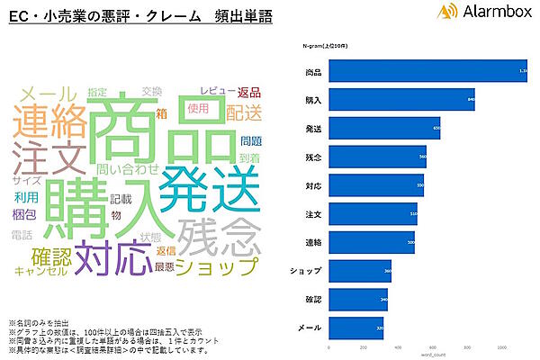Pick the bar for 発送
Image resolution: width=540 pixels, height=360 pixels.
coord(385,129)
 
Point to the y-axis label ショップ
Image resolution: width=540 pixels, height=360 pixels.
coord(307,271)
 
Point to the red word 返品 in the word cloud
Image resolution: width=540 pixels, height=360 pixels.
coord(248,92)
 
